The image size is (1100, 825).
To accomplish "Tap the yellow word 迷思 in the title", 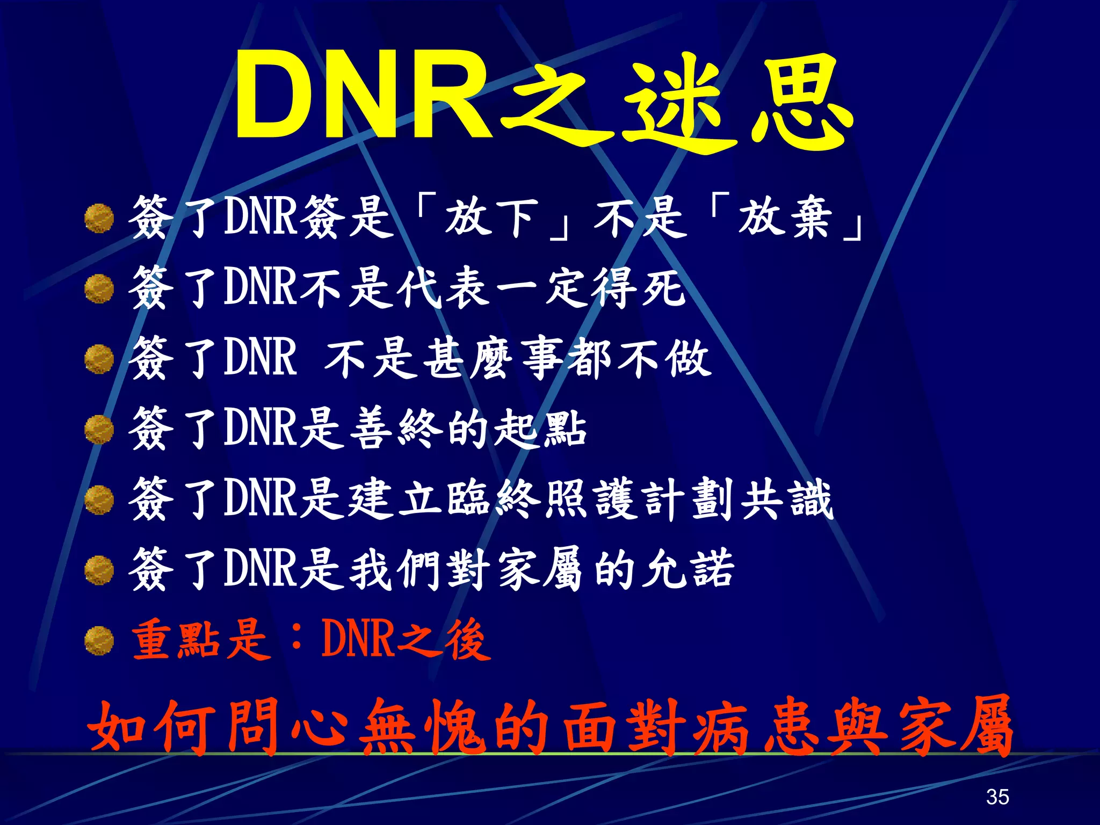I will pyautogui.click(x=736, y=102).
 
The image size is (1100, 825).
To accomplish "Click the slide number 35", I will pyautogui.click(x=997, y=796).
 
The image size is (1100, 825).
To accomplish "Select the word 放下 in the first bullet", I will pyautogui.click(x=491, y=218).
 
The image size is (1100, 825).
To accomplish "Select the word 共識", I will pyautogui.click(x=787, y=500).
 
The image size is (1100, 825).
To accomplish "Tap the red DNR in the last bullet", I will pyautogui.click(x=357, y=639).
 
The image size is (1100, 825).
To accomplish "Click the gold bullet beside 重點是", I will pyautogui.click(x=99, y=641).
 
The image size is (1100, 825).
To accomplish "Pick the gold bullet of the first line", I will pyautogui.click(x=99, y=219).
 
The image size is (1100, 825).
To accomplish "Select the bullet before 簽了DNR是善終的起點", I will pyautogui.click(x=99, y=430).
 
